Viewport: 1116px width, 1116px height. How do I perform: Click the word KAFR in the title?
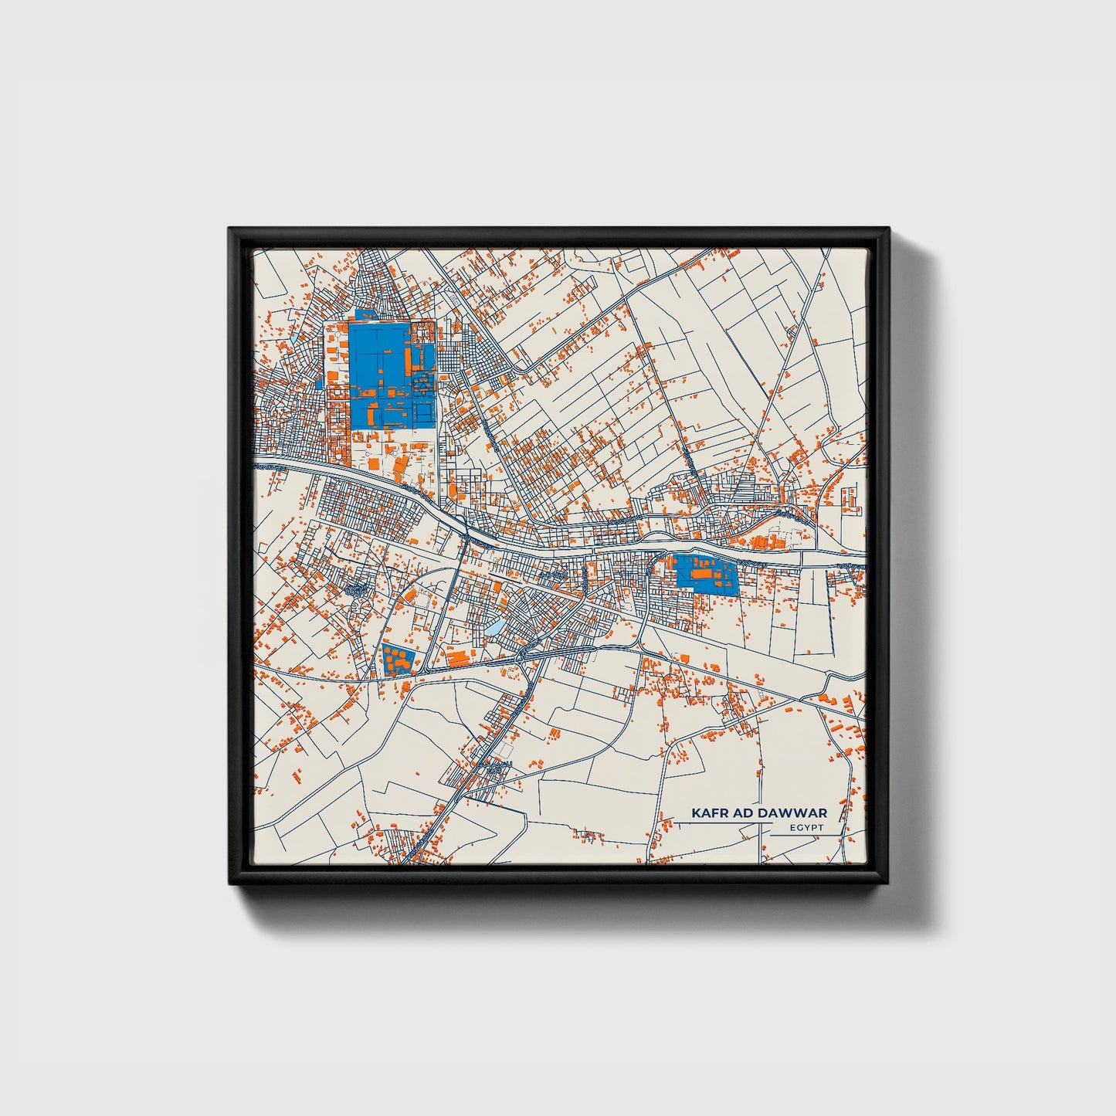(x=708, y=813)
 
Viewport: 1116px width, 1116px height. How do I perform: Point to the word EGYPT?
(x=807, y=828)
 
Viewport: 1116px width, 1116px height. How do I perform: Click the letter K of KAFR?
(x=696, y=813)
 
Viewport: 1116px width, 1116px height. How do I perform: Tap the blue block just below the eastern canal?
(x=707, y=575)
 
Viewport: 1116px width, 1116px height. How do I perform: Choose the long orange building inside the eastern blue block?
(x=703, y=574)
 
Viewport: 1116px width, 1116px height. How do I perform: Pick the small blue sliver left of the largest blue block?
(x=319, y=382)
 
